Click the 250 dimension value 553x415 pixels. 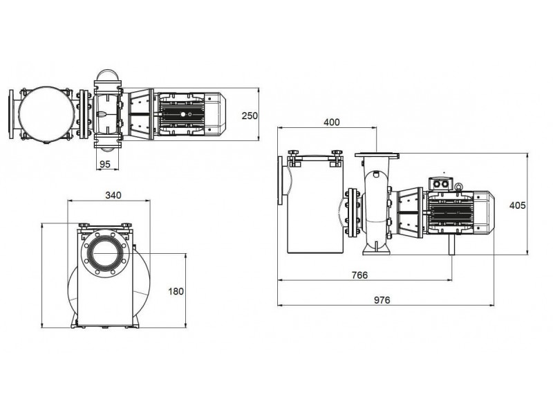(x=250, y=116)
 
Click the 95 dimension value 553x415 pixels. (x=105, y=164)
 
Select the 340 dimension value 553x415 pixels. (x=113, y=195)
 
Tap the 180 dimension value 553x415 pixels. (x=176, y=291)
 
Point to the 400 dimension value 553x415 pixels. (x=332, y=122)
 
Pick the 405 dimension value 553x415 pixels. (x=517, y=205)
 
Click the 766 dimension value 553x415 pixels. (x=359, y=275)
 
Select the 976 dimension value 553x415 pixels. (x=382, y=300)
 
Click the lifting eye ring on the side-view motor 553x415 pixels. (x=458, y=187)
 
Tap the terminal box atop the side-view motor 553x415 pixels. (x=440, y=183)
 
